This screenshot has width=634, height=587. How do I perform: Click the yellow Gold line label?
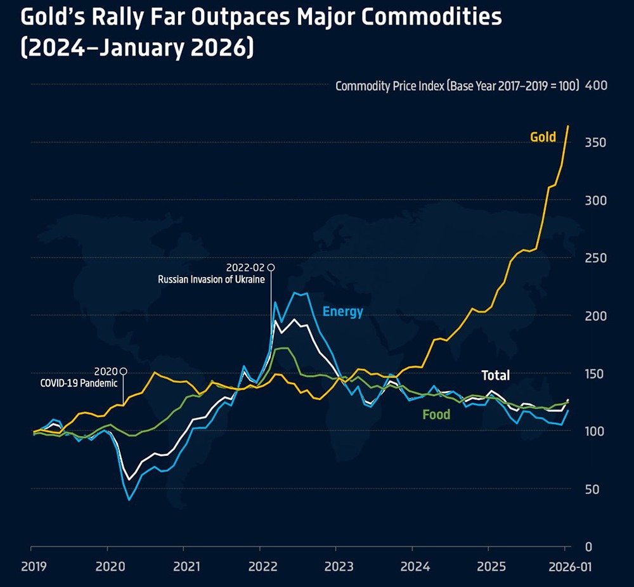tap(543, 137)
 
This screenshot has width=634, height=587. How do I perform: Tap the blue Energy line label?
tap(342, 311)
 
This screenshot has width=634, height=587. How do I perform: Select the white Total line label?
tap(495, 375)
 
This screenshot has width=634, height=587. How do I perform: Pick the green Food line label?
tap(436, 415)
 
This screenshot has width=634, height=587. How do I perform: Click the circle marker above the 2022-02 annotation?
tap(271, 268)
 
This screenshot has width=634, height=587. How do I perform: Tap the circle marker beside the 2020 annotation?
tap(123, 371)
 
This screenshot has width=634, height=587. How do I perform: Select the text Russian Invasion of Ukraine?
tap(211, 279)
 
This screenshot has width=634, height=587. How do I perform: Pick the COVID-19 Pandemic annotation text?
tap(80, 383)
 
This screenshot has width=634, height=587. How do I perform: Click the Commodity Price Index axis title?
tap(457, 86)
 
